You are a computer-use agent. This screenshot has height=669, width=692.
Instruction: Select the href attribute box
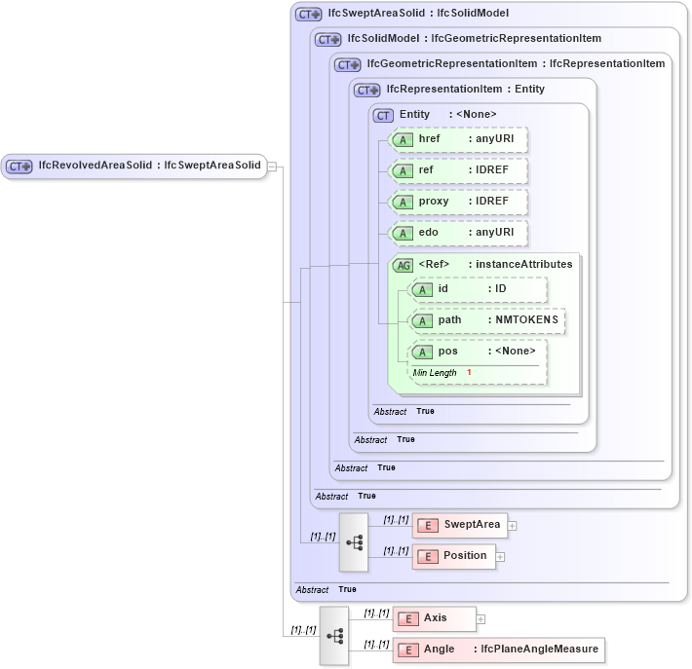(x=458, y=139)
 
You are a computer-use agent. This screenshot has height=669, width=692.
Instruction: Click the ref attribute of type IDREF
(x=458, y=171)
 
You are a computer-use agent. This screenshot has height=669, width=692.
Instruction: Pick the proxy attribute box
(x=458, y=202)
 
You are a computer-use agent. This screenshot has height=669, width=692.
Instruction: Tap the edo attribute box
(x=458, y=233)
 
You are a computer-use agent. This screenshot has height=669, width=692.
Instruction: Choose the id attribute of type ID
(x=478, y=289)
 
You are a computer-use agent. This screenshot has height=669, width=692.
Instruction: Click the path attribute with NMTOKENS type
(x=486, y=320)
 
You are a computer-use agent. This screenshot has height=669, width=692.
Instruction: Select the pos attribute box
(x=478, y=352)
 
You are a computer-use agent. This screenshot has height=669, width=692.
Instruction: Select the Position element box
(x=453, y=556)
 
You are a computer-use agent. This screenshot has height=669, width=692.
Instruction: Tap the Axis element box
(x=434, y=618)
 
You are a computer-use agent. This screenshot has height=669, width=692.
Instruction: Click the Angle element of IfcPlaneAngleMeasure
(x=497, y=650)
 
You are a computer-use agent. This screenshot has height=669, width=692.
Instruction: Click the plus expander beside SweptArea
(x=512, y=526)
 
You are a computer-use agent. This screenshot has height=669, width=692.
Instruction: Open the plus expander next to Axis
(x=481, y=619)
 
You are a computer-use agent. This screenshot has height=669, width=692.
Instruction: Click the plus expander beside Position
(x=501, y=557)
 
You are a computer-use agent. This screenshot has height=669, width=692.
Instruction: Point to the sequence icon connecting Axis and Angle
(x=334, y=635)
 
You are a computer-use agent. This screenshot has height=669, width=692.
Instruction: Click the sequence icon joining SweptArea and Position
(x=354, y=541)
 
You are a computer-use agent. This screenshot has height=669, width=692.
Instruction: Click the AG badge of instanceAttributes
(x=402, y=264)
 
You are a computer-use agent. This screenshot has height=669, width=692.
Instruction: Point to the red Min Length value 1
(x=469, y=373)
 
